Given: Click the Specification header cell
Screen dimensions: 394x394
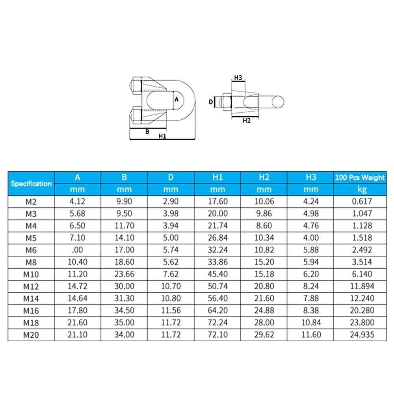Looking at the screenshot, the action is click(x=31, y=184).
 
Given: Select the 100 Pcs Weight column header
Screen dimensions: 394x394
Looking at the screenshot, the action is click(x=360, y=177).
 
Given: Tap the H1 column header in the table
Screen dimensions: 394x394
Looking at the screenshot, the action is click(x=217, y=177).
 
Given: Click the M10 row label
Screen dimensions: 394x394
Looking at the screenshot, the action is click(x=31, y=274).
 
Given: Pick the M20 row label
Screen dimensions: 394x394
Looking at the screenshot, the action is click(x=31, y=335).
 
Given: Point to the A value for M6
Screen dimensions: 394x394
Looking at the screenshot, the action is click(x=77, y=250).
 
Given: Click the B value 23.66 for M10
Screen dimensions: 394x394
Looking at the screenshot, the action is click(x=124, y=274).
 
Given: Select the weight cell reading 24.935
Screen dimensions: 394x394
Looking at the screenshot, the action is click(x=362, y=335).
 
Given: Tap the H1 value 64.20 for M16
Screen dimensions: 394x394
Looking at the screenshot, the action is click(x=217, y=310).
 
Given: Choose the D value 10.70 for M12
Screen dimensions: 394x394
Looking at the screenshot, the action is click(x=171, y=286).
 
